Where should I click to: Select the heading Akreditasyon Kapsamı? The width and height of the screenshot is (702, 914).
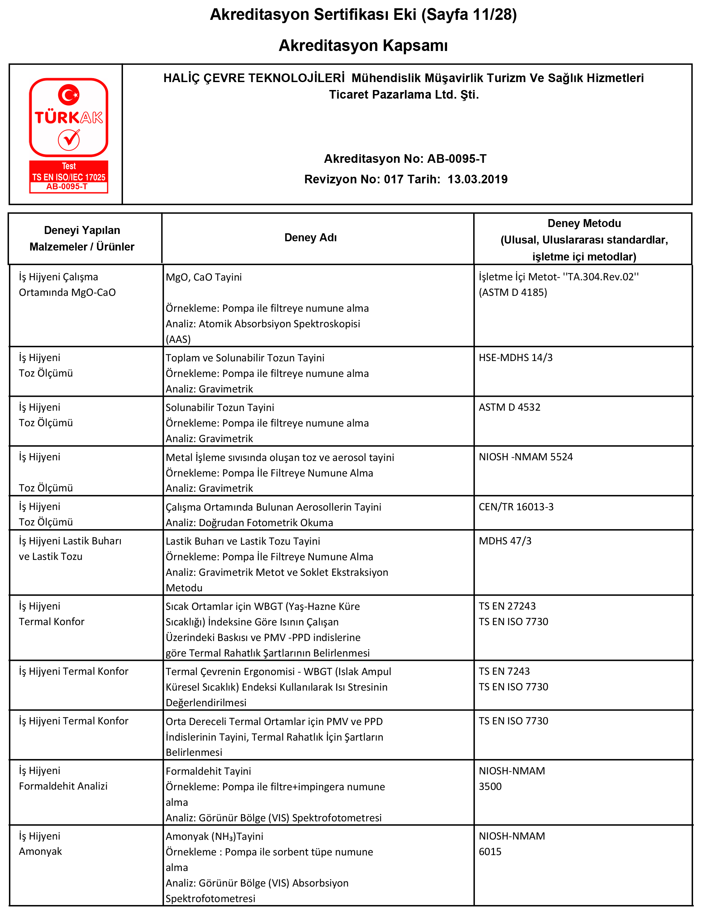[x=363, y=45]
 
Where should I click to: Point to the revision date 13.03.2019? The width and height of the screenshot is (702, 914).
[x=477, y=179]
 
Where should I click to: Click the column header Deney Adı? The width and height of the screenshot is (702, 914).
[x=310, y=238]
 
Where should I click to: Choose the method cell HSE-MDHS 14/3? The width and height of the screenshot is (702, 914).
[x=515, y=357]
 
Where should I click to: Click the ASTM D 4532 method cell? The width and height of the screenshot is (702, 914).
[x=509, y=407]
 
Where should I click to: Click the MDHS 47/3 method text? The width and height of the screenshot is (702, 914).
[x=505, y=541]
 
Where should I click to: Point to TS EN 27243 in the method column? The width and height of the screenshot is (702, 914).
[x=507, y=606]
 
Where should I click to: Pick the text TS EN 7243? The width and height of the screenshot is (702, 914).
[x=504, y=671]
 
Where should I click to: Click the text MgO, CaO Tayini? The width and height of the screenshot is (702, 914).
[x=203, y=277]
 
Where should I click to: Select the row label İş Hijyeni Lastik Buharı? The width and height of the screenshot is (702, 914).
[x=70, y=541]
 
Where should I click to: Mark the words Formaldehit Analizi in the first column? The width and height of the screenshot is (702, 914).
[x=63, y=786]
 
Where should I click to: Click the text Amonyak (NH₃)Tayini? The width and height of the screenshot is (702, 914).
[x=214, y=836]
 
